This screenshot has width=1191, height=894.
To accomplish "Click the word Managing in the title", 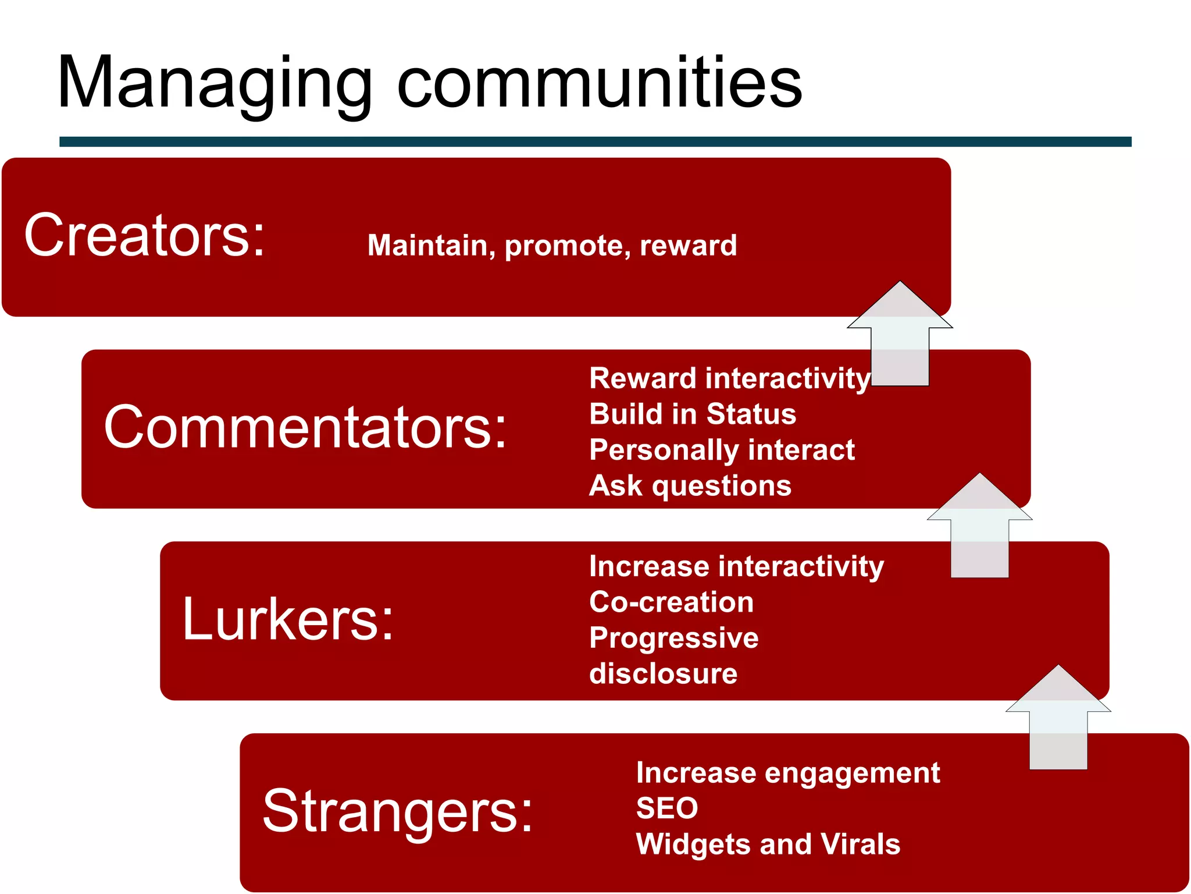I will pos(215,84).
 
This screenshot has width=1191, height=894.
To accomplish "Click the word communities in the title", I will pos(599,84).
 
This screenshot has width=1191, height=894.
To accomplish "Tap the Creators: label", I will pos(144,236).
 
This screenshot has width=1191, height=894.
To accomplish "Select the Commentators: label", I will pos(305,428).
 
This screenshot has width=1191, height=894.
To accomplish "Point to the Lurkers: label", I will pos(288,620).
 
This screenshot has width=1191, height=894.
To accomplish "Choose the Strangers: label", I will pos(397,812).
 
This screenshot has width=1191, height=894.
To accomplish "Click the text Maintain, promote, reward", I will pos(552,245).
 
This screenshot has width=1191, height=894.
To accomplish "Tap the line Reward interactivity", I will pos(729,378).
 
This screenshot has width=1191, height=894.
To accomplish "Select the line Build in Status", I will pos(692,414).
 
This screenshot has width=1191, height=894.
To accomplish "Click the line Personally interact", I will pos(722,450).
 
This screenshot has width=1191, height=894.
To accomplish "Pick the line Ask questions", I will pos(690,485).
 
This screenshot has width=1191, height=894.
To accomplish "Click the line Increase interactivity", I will pos(736,566).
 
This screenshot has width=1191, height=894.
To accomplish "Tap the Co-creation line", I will pos(671,602).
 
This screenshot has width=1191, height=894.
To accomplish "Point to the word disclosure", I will pos(663,673).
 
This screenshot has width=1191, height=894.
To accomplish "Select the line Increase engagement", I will pos(787,773).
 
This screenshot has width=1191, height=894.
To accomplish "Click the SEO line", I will pos(666,808).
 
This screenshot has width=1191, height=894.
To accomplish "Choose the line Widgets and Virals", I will pos(768,844).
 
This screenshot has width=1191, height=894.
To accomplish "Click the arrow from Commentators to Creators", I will pos(900,338).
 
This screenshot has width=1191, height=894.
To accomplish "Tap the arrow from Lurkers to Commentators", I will pos(979,530).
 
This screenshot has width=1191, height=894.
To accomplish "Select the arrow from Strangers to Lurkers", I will pos(1058,722).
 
